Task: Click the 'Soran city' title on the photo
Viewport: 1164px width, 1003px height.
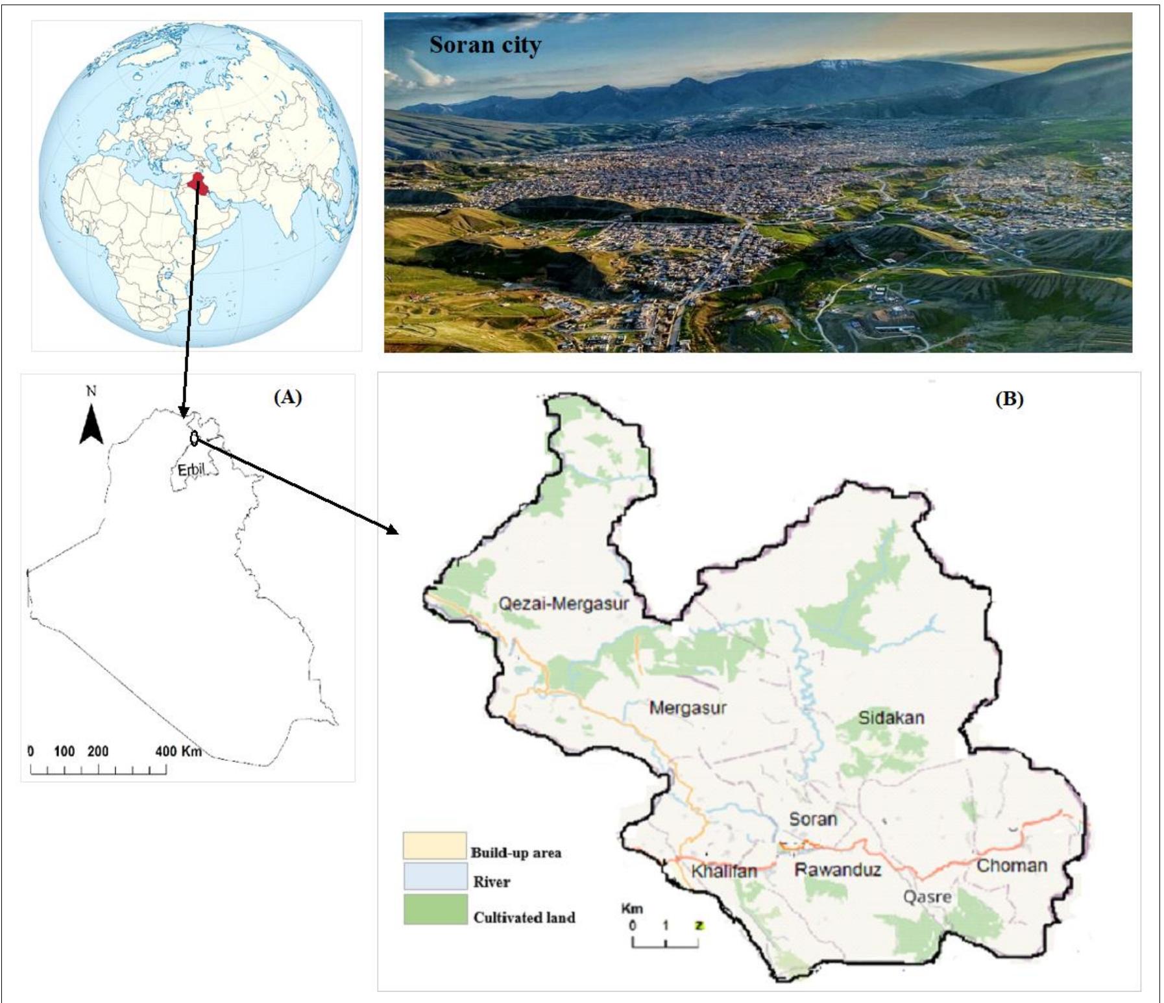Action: (485, 45)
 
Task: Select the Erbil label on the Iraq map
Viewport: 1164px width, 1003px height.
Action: (191, 469)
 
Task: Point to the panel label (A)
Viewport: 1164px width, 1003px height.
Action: (287, 397)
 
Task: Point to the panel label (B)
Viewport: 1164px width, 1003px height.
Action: (1009, 399)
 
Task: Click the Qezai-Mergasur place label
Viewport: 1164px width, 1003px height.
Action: (564, 604)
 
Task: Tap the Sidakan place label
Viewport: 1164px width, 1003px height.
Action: (891, 718)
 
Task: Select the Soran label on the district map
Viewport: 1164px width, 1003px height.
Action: (812, 819)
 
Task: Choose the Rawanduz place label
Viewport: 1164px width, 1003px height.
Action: (838, 869)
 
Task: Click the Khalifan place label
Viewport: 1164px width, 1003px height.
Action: (724, 871)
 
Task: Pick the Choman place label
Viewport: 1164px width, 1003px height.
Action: (1012, 865)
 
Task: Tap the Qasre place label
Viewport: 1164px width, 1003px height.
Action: (928, 897)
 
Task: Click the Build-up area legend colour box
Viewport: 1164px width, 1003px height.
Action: (434, 845)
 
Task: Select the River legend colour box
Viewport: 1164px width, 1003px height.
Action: (434, 876)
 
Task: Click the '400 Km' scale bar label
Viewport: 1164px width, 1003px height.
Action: (178, 751)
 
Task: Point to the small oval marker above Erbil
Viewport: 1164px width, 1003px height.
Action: (194, 439)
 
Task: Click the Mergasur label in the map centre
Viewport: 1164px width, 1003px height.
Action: (688, 708)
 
